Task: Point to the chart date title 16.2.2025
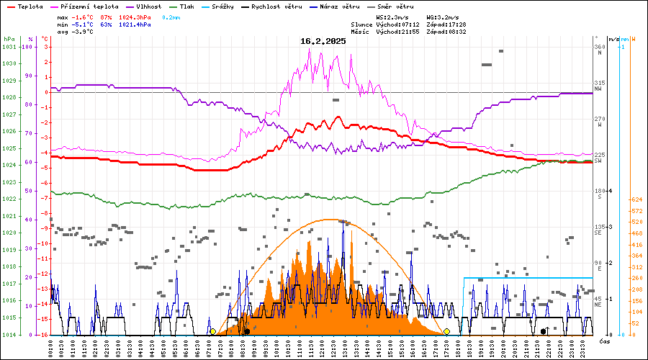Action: click(323, 41)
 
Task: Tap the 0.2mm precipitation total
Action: click(171, 17)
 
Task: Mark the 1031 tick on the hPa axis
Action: click(9, 47)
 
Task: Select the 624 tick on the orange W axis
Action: click(636, 199)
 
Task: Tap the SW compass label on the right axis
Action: click(598, 161)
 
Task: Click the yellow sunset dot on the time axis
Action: click(446, 331)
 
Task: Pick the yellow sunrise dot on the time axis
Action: click(212, 331)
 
